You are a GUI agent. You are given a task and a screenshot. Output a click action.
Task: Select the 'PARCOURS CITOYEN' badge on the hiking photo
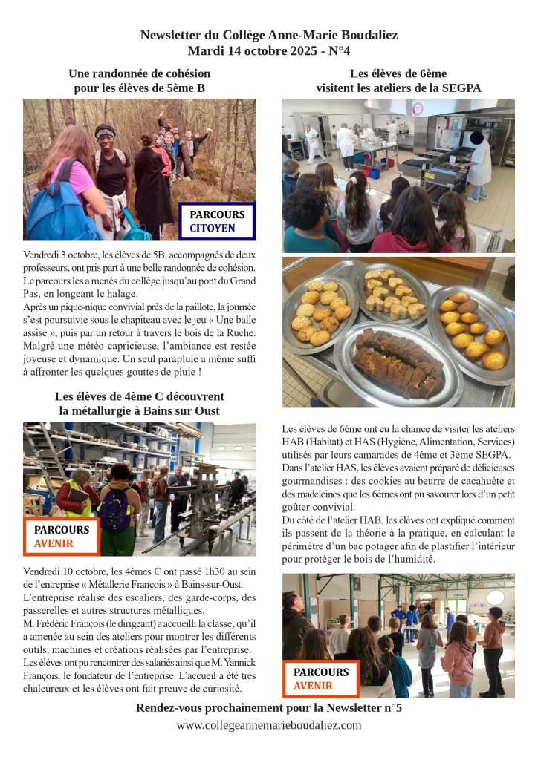coord(216,221)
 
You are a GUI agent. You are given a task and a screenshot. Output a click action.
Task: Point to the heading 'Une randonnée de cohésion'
coord(139,73)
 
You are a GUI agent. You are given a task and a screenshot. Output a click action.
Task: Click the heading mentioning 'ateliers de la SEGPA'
coord(398,88)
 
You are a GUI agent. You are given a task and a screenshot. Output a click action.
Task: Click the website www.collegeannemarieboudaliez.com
coord(269,725)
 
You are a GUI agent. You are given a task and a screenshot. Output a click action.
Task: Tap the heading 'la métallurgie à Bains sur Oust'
coord(139,410)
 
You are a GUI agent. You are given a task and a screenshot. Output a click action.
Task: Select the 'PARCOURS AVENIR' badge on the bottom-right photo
coord(320,678)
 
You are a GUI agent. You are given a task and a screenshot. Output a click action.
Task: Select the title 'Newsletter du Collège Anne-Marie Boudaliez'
coord(269,35)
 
